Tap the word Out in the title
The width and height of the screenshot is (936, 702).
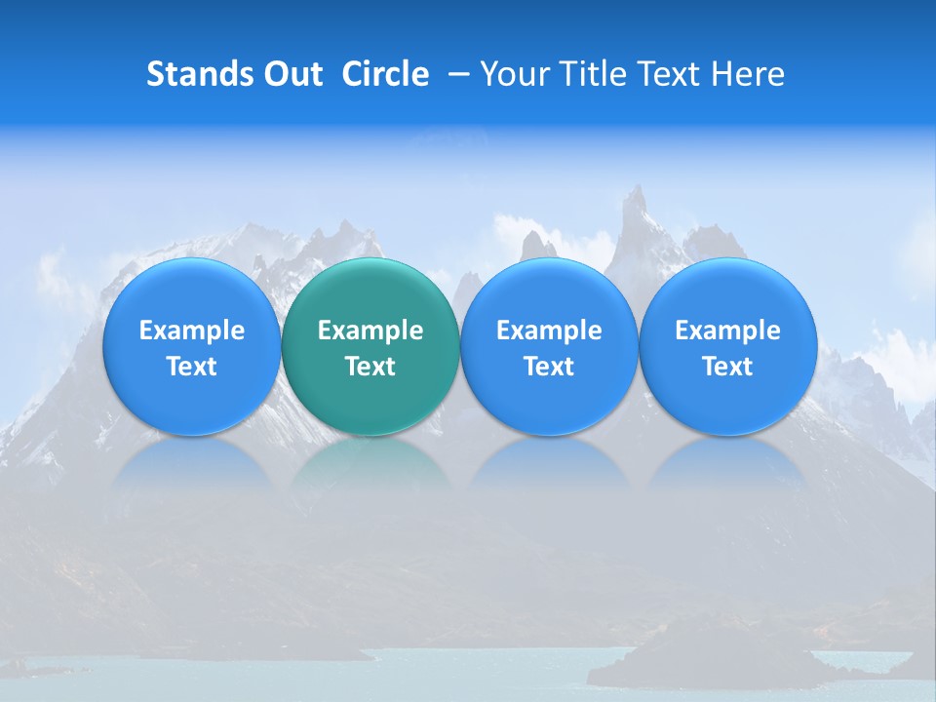(x=293, y=74)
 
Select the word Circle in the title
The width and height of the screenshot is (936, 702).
(x=385, y=74)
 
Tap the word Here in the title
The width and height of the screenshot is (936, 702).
(x=750, y=74)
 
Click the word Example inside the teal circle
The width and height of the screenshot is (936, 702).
(x=370, y=331)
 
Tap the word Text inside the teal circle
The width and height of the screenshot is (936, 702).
(x=370, y=367)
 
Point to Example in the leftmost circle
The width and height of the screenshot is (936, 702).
(x=191, y=331)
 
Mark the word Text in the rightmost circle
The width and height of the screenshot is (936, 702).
(x=728, y=367)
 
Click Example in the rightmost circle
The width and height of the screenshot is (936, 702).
(x=728, y=331)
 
